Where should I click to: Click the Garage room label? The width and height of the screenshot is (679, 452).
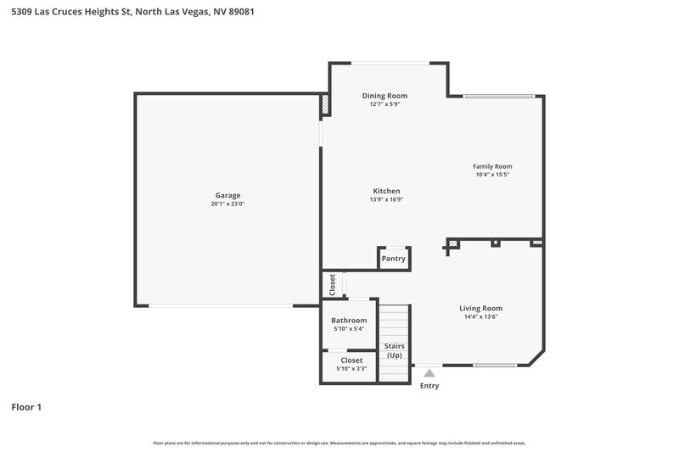point(227,195)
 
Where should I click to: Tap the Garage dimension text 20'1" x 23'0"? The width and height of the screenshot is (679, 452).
point(227,204)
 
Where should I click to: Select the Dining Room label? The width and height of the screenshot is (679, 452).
point(384,96)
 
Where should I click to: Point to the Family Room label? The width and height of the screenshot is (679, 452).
point(492,166)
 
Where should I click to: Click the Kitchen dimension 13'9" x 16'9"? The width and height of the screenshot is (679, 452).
point(386,199)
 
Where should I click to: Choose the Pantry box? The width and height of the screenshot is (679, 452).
point(394,259)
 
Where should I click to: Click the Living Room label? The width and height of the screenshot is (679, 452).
point(480,308)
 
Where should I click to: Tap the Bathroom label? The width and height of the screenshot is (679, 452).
point(349,321)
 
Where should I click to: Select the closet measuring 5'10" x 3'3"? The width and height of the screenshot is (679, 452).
point(351,364)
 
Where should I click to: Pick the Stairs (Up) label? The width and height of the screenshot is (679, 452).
point(394,350)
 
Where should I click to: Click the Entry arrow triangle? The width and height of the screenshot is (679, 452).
point(429,372)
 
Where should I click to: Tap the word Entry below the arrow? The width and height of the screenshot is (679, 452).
point(429,387)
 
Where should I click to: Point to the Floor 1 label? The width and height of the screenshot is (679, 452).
point(26,407)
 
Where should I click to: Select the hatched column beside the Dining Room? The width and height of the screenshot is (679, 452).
point(325,103)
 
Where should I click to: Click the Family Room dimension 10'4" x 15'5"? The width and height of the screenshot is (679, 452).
point(492,175)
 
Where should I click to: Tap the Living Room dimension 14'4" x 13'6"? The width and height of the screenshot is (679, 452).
point(480,317)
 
